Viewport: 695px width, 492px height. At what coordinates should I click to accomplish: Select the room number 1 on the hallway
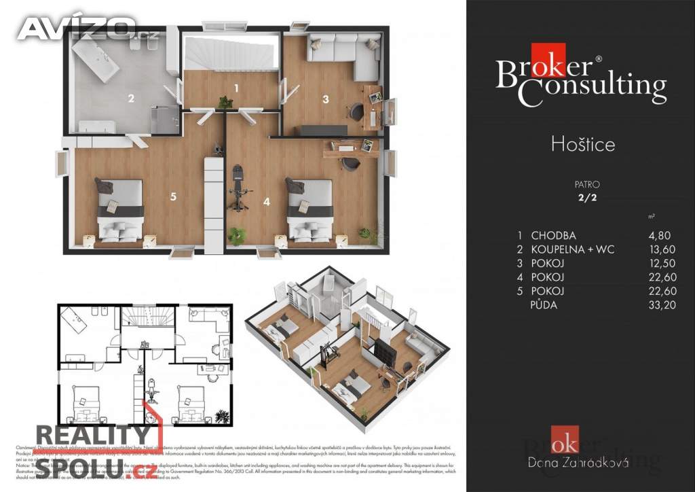click(x=236, y=88)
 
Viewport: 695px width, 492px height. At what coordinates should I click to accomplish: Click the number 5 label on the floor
click(x=174, y=196)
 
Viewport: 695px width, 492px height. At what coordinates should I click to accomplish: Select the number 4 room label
click(x=267, y=201)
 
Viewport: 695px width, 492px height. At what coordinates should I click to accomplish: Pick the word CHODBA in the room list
click(x=553, y=236)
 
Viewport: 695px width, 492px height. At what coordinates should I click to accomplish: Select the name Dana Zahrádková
click(x=578, y=463)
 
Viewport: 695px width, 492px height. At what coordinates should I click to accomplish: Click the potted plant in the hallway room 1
click(x=225, y=103)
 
